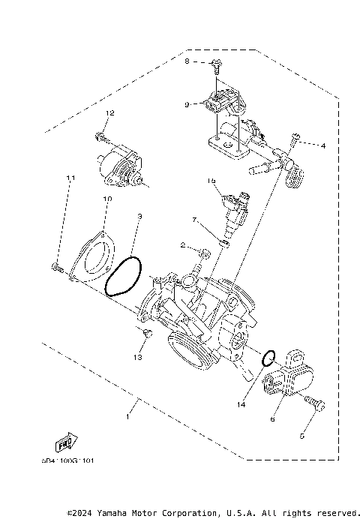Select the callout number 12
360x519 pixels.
point(109,112)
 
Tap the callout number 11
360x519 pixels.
point(71,178)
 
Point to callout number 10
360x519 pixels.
point(106,199)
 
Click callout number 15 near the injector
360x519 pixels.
point(211,181)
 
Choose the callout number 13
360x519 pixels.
point(137,358)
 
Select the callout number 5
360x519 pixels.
point(303,434)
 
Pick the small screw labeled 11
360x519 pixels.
point(57,266)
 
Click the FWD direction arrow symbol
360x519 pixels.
point(72,444)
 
